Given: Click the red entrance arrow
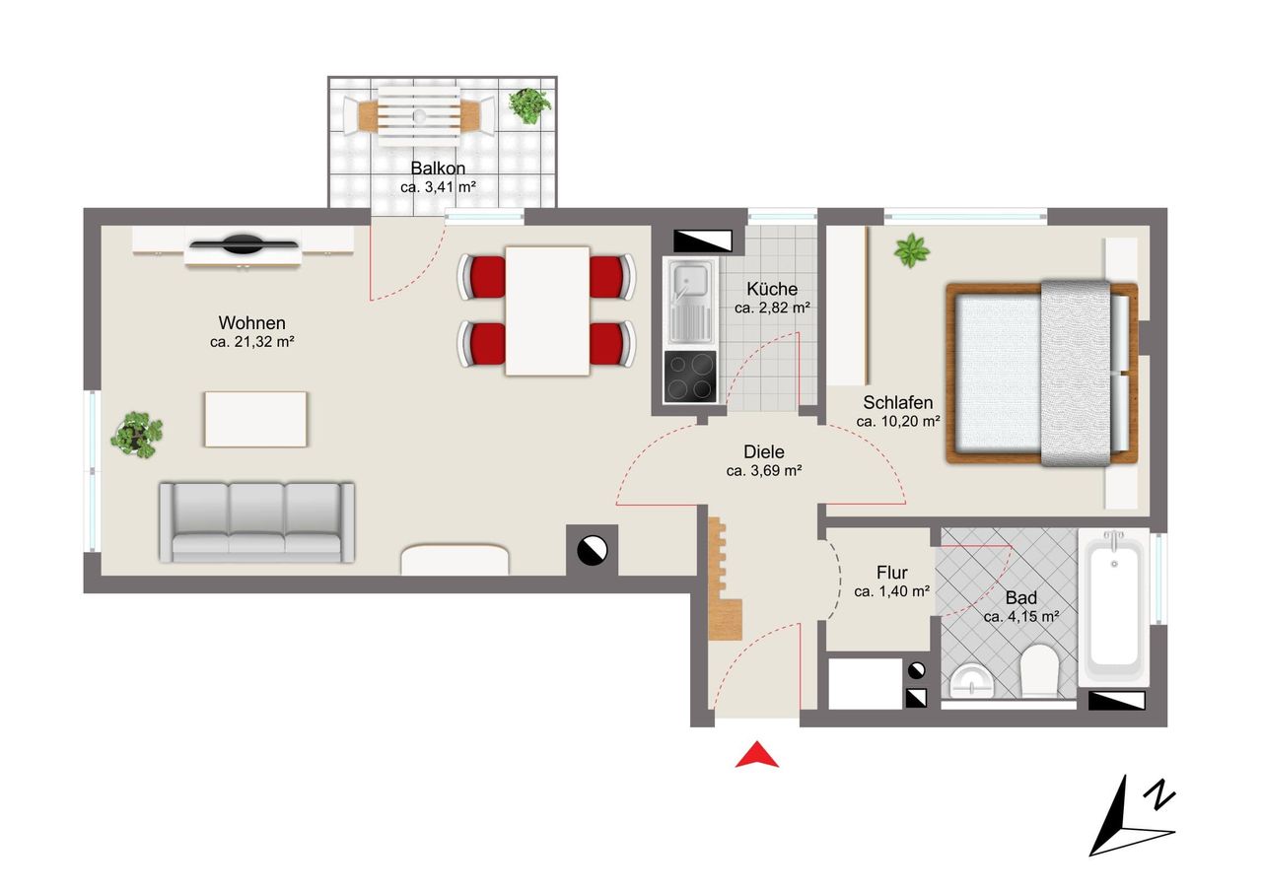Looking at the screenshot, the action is click(756, 756).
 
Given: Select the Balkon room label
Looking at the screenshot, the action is click(438, 168).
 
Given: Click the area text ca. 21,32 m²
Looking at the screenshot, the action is click(251, 342).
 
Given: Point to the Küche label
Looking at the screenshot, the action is click(772, 289).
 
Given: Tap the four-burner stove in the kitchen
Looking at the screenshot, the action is click(690, 377).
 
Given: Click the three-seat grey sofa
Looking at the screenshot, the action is click(257, 522).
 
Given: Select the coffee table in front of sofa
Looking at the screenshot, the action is click(255, 420).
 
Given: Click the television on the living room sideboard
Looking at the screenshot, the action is click(244, 244).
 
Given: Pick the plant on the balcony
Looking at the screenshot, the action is click(529, 105).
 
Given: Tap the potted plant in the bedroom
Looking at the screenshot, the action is click(911, 250).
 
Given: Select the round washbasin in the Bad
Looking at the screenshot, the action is click(972, 681).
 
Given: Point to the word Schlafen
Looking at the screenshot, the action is click(898, 403).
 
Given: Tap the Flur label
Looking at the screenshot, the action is click(892, 573).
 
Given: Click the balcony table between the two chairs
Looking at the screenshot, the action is click(419, 116).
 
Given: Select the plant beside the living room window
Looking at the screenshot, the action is click(137, 435).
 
